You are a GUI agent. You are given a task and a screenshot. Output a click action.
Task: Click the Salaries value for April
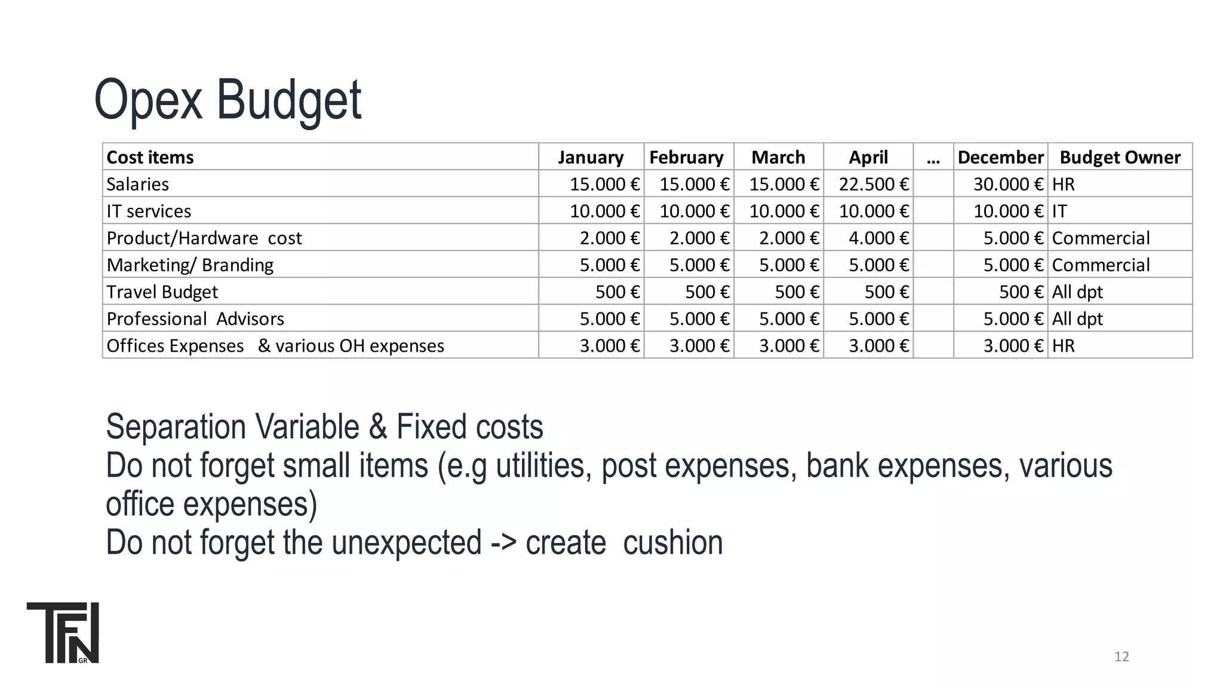(x=874, y=184)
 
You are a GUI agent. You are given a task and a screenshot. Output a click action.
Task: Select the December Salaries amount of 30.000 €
(x=1008, y=184)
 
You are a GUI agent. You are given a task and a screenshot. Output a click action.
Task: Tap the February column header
(x=686, y=157)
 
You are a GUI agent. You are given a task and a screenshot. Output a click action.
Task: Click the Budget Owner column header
(x=1120, y=157)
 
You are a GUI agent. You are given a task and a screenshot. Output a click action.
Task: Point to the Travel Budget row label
(x=162, y=292)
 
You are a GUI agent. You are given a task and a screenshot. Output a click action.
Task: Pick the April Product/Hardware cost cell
(x=878, y=238)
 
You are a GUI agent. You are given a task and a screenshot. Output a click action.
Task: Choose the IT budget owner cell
(x=1059, y=211)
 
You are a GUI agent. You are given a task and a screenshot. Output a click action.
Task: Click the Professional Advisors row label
(x=195, y=319)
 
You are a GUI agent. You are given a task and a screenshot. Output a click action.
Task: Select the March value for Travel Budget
(x=797, y=292)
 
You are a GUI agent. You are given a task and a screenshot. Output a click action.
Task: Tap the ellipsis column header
(x=933, y=157)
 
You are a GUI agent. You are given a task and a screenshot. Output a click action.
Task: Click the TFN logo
(x=63, y=632)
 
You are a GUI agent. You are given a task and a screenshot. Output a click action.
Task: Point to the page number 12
(x=1121, y=657)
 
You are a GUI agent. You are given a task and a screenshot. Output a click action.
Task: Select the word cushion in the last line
(x=672, y=542)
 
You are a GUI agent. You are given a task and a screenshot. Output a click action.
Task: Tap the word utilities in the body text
(x=540, y=465)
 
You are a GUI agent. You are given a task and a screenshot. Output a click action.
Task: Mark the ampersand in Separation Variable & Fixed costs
(x=378, y=427)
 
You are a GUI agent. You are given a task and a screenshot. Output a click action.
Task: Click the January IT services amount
(x=604, y=211)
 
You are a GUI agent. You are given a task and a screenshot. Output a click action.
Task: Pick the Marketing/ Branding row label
(x=190, y=265)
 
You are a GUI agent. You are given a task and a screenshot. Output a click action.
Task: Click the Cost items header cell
(x=150, y=157)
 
